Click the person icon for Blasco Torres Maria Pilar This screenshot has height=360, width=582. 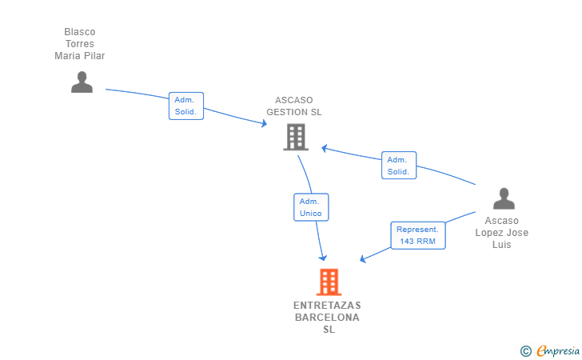82,82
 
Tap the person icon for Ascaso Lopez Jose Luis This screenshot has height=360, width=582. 504,198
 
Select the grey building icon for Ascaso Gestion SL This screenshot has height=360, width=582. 296,137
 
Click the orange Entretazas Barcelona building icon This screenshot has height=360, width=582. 329,282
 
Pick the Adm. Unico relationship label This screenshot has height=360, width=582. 311,207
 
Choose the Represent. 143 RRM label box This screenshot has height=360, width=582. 417,235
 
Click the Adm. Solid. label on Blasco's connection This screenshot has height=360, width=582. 186,106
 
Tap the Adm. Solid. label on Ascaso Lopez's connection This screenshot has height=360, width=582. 398,166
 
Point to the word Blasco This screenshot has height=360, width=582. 80,32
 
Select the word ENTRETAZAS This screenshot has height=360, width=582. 327,306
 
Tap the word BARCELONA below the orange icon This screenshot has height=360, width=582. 327,318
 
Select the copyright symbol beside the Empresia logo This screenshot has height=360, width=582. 525,350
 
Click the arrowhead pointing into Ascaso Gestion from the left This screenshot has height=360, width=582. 264,124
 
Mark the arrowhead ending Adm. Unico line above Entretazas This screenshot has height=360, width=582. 323,258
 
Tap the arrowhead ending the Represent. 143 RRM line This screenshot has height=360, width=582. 363,259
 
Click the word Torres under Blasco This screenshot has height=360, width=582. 80,44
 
